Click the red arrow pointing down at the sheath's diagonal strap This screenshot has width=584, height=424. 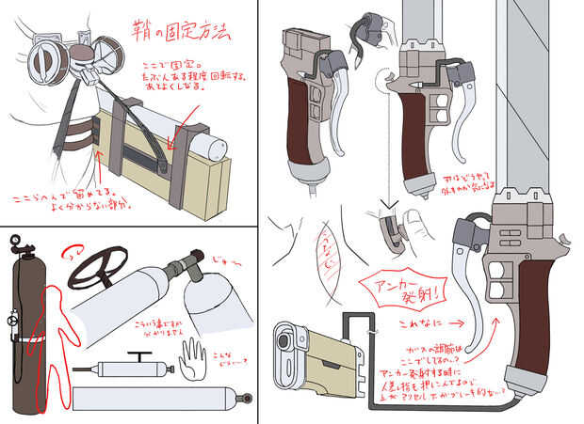point(171,138)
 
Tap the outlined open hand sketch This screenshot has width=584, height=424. point(195,356)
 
